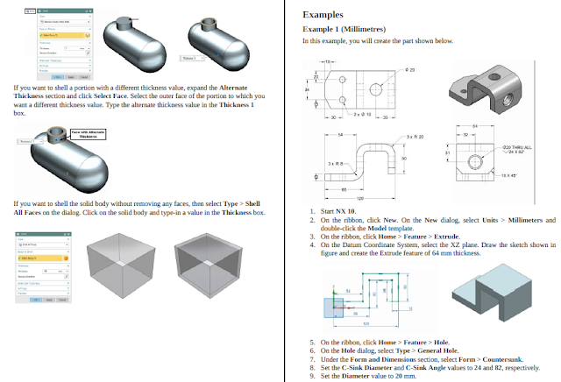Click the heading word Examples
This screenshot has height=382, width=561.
pyautogui.click(x=322, y=15)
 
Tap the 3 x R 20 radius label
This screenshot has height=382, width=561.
pyautogui.click(x=414, y=138)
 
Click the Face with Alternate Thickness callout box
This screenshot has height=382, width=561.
pyautogui.click(x=88, y=134)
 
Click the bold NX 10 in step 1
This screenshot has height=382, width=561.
pyautogui.click(x=344, y=212)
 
